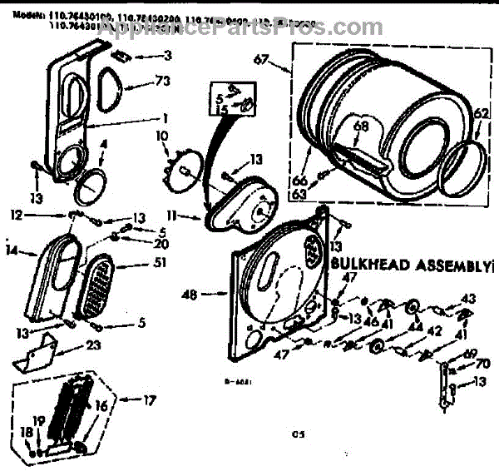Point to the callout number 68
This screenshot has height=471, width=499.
[361, 126]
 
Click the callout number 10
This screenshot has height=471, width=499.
[161, 134]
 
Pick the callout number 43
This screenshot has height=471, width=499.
[468, 298]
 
